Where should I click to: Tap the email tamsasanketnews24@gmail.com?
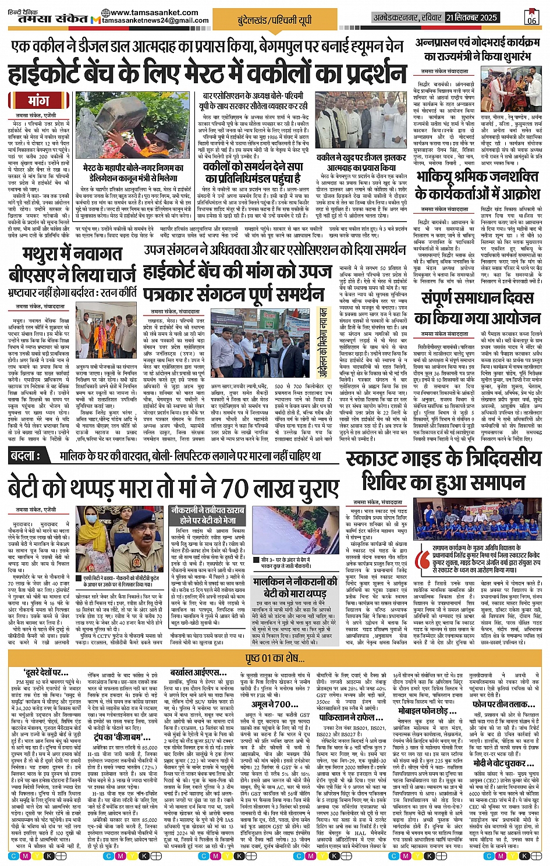155,20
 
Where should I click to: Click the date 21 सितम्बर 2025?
471,17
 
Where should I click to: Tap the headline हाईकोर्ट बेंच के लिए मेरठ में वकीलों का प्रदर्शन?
207,74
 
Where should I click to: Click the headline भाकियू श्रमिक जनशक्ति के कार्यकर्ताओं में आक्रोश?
477,184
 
